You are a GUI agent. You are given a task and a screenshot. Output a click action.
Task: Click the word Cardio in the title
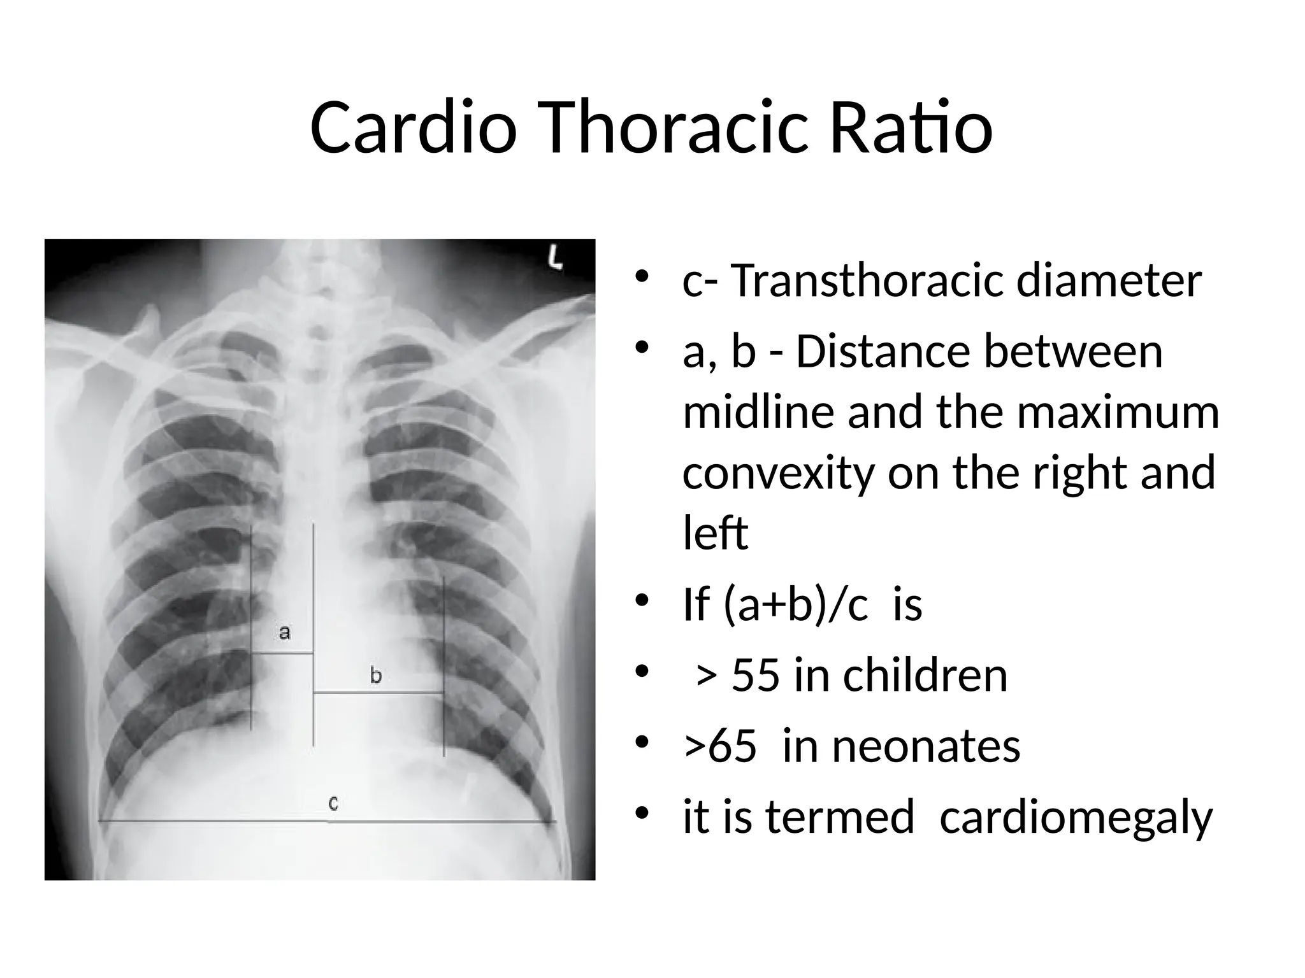pos(413,129)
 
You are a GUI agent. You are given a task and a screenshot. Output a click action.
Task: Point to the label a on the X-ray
pos(285,632)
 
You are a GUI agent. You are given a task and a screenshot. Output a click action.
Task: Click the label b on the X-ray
pos(376,675)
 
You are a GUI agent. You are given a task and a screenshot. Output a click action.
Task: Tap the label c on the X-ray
pos(333,804)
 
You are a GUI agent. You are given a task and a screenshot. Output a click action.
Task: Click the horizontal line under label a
pos(282,653)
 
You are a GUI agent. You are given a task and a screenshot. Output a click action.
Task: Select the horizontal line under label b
pos(379,692)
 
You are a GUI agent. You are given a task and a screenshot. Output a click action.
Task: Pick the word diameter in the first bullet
pos(1109,281)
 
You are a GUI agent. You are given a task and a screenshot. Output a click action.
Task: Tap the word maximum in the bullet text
pos(1118,412)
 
